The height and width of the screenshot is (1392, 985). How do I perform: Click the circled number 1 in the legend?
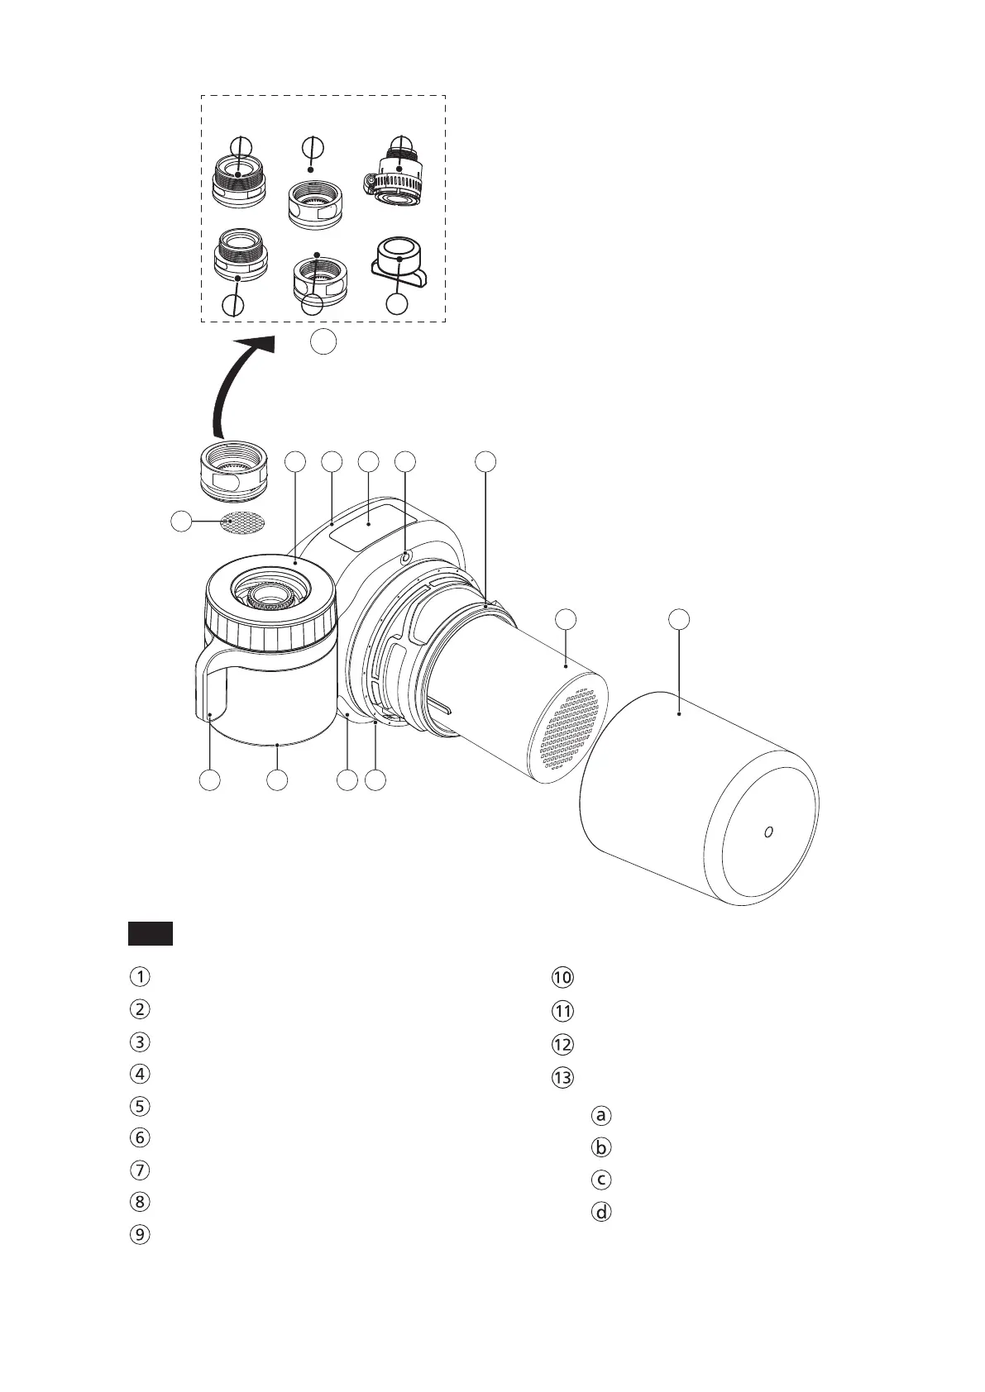click(x=141, y=976)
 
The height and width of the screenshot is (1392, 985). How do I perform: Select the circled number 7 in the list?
click(x=141, y=1170)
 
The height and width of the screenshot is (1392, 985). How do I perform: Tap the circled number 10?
click(x=562, y=977)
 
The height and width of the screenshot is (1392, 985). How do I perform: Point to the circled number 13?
click(x=562, y=1077)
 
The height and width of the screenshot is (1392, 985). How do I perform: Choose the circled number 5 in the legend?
click(x=141, y=1105)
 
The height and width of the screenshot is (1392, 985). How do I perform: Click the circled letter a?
click(x=602, y=1114)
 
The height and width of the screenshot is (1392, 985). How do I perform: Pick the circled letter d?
click(x=602, y=1212)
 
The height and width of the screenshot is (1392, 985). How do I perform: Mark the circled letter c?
click(x=602, y=1179)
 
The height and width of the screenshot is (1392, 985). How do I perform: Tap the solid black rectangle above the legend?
click(x=150, y=932)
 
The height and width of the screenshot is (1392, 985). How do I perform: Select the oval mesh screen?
click(x=243, y=522)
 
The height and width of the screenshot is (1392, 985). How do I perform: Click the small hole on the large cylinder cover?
click(x=767, y=831)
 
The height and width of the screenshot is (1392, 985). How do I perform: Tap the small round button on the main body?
click(x=404, y=558)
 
